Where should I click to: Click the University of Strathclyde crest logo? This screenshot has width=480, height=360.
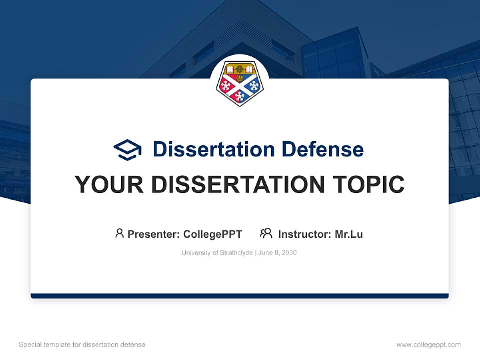240,83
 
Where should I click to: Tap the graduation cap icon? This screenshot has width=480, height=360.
127,149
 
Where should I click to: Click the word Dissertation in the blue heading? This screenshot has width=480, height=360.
213,149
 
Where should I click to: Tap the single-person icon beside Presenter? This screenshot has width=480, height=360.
119,233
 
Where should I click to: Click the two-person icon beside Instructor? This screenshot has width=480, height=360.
266,233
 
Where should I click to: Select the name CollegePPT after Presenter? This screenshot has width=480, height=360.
213,234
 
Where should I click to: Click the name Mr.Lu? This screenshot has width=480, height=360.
349,234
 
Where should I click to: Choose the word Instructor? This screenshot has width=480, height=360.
305,234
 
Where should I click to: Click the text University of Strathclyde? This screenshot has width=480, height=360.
217,253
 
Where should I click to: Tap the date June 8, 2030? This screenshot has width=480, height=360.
277,253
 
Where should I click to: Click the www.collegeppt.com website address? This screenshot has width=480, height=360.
428,345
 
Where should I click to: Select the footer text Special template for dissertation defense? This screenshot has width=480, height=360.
82,345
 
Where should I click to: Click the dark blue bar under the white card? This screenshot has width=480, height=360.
240,296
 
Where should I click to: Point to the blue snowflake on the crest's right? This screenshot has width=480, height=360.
254,86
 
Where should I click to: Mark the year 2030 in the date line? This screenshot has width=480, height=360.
289,253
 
